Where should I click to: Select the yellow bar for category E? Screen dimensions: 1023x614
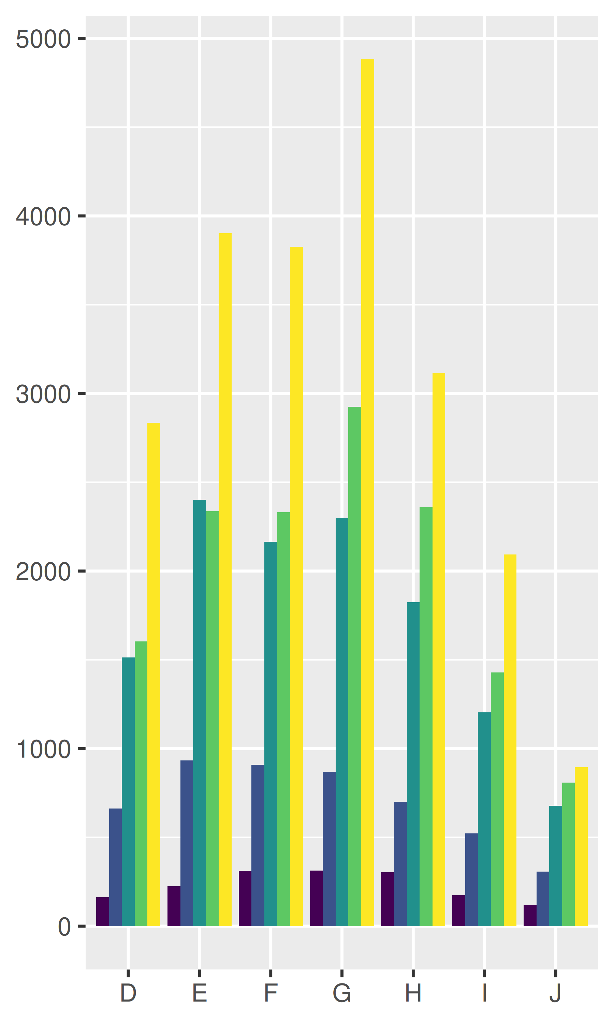point(225,579)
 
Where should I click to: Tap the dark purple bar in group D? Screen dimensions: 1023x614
point(103,911)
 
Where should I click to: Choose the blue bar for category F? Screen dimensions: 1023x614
point(258,845)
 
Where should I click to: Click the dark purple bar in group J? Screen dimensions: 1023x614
point(530,916)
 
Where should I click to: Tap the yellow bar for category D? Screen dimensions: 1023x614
point(154,674)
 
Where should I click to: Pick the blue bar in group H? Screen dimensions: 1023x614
point(400,864)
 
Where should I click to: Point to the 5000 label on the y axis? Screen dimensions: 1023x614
point(43,39)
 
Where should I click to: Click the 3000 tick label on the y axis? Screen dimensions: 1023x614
point(43,394)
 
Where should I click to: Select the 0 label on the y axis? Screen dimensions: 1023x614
point(64,926)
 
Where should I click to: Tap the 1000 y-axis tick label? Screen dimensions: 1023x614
point(43,749)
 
